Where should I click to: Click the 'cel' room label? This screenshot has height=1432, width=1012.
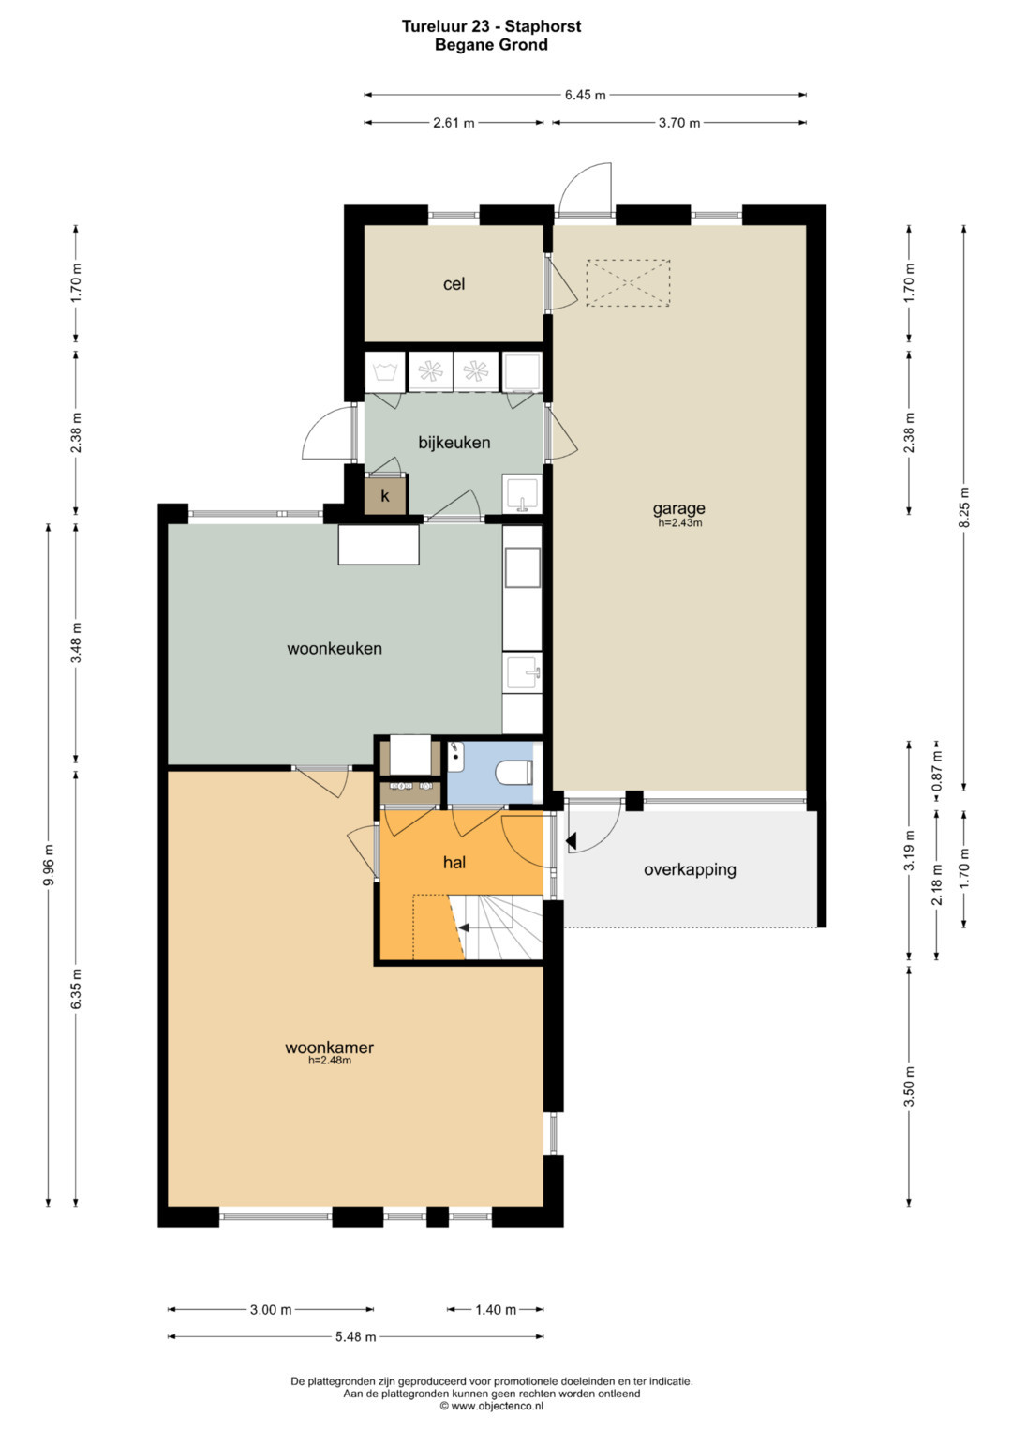pos(454,284)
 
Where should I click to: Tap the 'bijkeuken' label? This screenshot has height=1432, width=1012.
pos(454,443)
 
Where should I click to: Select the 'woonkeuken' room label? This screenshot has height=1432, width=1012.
pos(335,649)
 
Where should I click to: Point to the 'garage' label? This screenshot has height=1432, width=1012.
pos(678,509)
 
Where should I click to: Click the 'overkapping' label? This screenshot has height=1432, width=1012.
pos(690,870)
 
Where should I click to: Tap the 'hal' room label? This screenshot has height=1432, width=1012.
pos(454,863)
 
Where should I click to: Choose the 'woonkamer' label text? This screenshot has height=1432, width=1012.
pos(329,1048)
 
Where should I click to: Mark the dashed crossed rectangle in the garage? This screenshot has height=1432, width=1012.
pos(628,282)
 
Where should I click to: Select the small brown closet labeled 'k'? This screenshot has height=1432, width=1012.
pos(385,495)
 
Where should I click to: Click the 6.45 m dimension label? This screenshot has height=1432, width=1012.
pos(585,96)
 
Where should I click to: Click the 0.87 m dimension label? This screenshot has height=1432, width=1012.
pos(937,777)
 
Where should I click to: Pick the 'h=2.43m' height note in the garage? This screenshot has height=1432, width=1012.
pos(680,522)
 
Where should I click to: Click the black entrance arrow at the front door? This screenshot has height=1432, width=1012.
pos(572,841)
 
